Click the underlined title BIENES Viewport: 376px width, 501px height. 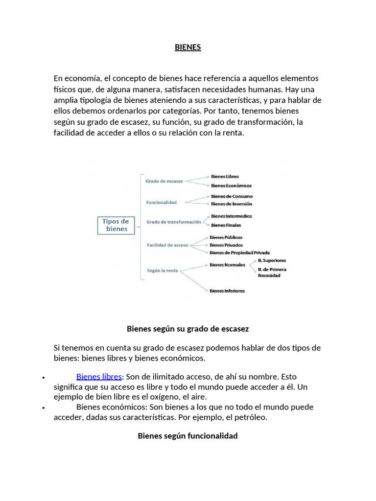click(x=188, y=47)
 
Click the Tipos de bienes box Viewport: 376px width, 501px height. click(x=116, y=225)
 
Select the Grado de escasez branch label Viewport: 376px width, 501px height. click(x=164, y=181)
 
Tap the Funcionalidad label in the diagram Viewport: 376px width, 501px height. click(x=162, y=202)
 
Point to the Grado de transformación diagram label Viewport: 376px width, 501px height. click(x=174, y=222)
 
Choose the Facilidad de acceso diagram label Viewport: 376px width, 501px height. click(x=167, y=245)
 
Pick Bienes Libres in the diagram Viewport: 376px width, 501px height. click(x=225, y=176)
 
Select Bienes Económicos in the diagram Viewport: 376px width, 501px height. click(x=231, y=185)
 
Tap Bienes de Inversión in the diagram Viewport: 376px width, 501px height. click(x=232, y=204)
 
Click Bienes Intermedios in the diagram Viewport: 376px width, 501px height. click(x=232, y=216)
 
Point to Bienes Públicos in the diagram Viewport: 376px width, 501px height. click(x=226, y=237)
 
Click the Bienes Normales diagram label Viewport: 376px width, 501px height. click(x=227, y=265)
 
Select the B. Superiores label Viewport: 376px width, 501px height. click(x=272, y=260)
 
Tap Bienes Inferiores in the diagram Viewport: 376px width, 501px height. click(x=227, y=291)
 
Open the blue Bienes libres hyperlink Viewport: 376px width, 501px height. click(x=99, y=377)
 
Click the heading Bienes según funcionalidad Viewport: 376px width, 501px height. click(x=188, y=435)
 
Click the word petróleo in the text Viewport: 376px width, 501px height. click(x=252, y=417)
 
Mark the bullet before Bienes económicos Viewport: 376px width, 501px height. click(x=44, y=408)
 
